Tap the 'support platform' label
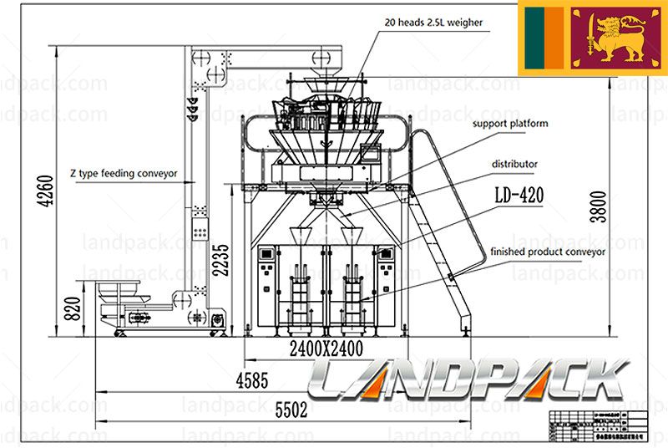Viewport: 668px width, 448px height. (510, 124)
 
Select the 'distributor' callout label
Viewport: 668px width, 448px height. (514, 165)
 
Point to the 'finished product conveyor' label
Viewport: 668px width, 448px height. (548, 251)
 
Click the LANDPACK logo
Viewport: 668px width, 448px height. (468, 381)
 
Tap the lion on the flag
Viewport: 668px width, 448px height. (614, 38)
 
